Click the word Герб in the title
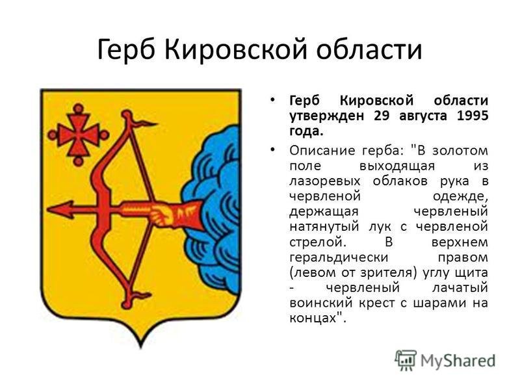[x=125, y=50]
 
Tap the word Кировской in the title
[x=235, y=49]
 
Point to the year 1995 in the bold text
[x=473, y=116]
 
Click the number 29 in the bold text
[x=382, y=116]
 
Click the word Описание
[x=321, y=150]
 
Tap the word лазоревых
[x=324, y=182]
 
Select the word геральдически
[x=339, y=258]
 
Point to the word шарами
[x=439, y=304]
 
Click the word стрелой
[x=317, y=242]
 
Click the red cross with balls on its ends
[x=78, y=135]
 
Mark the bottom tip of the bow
[x=126, y=304]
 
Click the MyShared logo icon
[x=406, y=360]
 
